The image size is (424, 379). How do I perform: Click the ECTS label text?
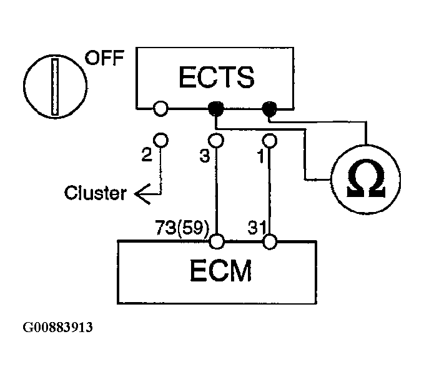(216, 77)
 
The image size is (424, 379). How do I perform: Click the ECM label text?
(221, 271)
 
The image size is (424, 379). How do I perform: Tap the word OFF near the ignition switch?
(105, 58)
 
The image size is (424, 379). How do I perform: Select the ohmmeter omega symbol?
(366, 179)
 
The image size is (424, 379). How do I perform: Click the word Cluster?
(96, 193)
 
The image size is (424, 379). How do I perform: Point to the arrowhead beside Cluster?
(142, 194)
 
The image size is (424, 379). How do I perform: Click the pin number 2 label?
(147, 155)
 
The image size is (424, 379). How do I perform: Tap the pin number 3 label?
(204, 156)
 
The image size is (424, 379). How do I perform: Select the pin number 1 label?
(261, 156)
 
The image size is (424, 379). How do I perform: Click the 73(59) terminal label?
(182, 228)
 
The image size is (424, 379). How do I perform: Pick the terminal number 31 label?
(257, 228)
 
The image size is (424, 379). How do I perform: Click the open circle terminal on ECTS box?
(160, 109)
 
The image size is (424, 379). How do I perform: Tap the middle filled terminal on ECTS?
(215, 109)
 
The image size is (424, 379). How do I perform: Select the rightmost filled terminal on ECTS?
(269, 109)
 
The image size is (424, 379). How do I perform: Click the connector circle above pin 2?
(160, 140)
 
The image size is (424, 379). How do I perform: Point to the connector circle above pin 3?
(216, 141)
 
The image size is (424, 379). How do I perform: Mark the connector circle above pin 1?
(270, 141)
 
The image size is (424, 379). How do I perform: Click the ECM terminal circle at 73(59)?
(217, 241)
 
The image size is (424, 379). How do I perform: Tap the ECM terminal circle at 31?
(270, 241)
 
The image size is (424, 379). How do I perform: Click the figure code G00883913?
(57, 327)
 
